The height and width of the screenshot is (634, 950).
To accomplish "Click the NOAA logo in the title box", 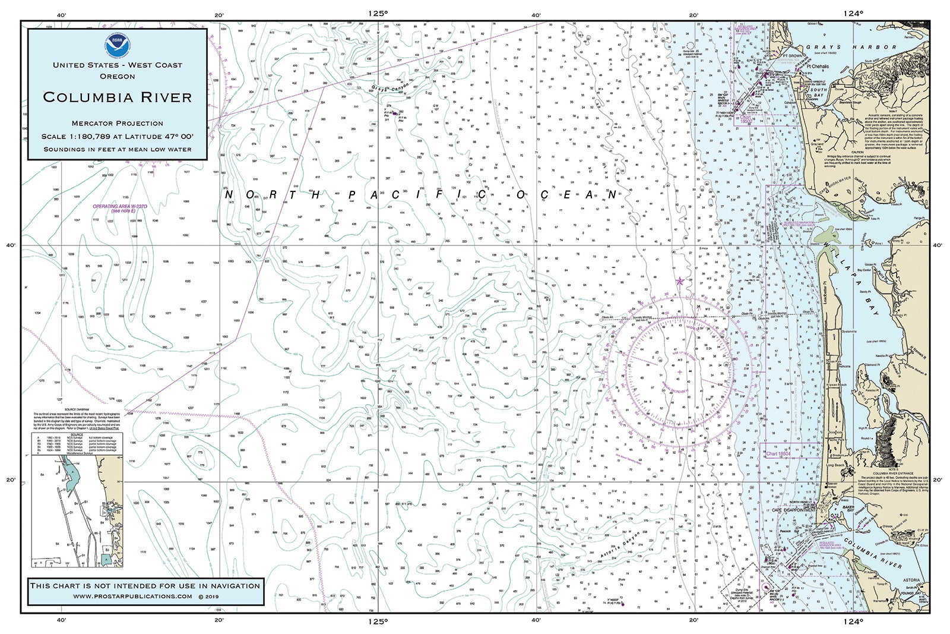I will (x=117, y=44).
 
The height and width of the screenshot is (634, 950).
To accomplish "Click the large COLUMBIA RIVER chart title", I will (x=117, y=97).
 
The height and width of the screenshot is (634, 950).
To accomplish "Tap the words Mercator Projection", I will (x=117, y=123).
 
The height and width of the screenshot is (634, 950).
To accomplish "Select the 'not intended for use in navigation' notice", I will (x=145, y=585).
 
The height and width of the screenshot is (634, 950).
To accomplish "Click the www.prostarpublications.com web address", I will (x=133, y=596).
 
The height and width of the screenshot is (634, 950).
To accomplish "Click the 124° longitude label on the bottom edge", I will (x=853, y=622).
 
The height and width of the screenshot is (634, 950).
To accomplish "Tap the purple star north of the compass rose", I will (x=680, y=281).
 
